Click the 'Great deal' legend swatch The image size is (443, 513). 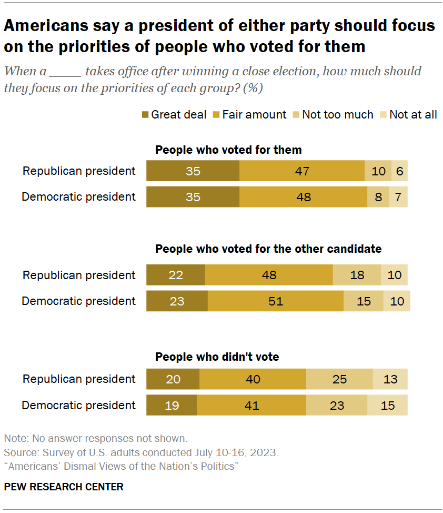click(x=145, y=115)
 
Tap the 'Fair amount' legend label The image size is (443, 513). click(x=254, y=114)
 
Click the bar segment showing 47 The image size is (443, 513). click(x=301, y=171)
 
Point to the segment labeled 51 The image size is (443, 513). click(x=275, y=301)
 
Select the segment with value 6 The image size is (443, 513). click(x=400, y=171)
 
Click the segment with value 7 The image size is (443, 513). click(x=398, y=197)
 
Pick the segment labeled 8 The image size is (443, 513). click(x=378, y=197)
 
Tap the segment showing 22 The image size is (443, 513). click(x=175, y=275)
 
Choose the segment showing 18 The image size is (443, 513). click(x=357, y=275)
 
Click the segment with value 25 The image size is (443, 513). click(x=339, y=379)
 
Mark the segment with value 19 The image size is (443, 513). click(x=172, y=405)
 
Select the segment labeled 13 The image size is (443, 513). click(x=390, y=379)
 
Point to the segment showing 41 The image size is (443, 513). click(x=251, y=405)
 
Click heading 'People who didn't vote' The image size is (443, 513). click(x=217, y=357)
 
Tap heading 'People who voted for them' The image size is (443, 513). click(x=228, y=150)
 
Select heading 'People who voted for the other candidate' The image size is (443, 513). click(x=268, y=249)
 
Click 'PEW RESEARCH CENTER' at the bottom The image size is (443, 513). click(x=64, y=487)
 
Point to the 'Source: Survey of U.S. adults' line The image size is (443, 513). click(x=141, y=452)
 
